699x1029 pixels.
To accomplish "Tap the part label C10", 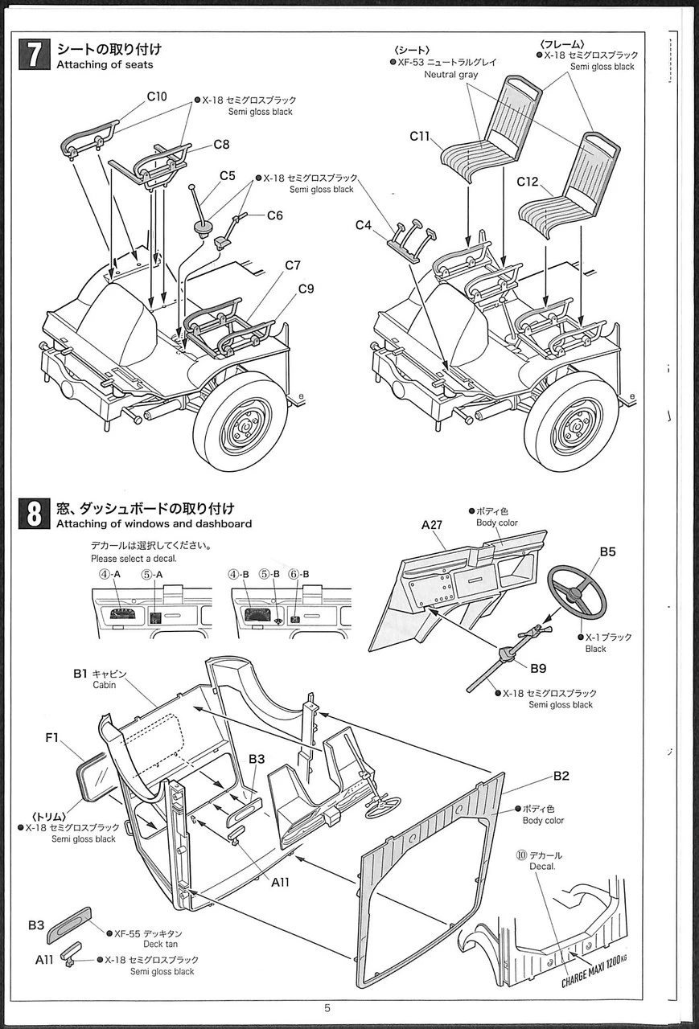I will (157, 96).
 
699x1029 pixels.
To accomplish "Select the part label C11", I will (420, 137).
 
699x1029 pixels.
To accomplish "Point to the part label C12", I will (527, 182).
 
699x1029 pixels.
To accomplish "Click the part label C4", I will (364, 225).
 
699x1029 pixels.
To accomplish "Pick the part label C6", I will (274, 215).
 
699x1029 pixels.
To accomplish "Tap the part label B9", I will (538, 666).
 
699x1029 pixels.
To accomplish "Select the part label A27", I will (433, 526).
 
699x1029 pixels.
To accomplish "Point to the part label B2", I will (561, 776).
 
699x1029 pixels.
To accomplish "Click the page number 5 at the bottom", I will (327, 1008).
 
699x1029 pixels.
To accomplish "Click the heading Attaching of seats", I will (105, 64).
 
